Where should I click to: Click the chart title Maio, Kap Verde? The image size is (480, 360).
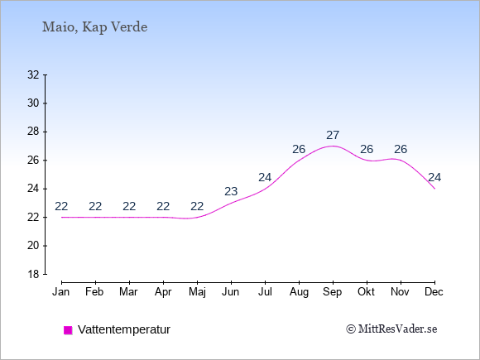(94, 27)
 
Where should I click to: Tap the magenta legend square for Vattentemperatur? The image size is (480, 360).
(68, 330)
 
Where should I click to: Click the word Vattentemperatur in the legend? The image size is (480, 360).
(124, 329)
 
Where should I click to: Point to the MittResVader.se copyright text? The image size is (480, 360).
(391, 329)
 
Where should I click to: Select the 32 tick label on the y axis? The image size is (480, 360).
(33, 74)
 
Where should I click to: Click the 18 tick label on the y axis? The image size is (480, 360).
(33, 274)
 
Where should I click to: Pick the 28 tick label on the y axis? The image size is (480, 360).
(33, 132)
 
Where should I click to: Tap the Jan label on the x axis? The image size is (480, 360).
(61, 292)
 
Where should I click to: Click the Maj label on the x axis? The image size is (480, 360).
(197, 292)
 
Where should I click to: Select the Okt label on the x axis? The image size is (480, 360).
(367, 292)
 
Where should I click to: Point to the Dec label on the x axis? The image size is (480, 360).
(434, 292)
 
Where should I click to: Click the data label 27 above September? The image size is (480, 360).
(333, 135)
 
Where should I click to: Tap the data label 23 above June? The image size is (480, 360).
(231, 192)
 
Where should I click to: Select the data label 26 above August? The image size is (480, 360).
(299, 150)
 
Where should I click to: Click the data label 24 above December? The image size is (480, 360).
(434, 178)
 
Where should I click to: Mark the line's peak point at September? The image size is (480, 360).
(333, 146)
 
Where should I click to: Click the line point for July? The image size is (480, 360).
(265, 189)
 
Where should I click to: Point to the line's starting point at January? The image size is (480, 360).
(62, 218)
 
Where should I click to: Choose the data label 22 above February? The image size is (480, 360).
(95, 207)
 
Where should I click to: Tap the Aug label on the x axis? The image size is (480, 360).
(299, 292)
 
